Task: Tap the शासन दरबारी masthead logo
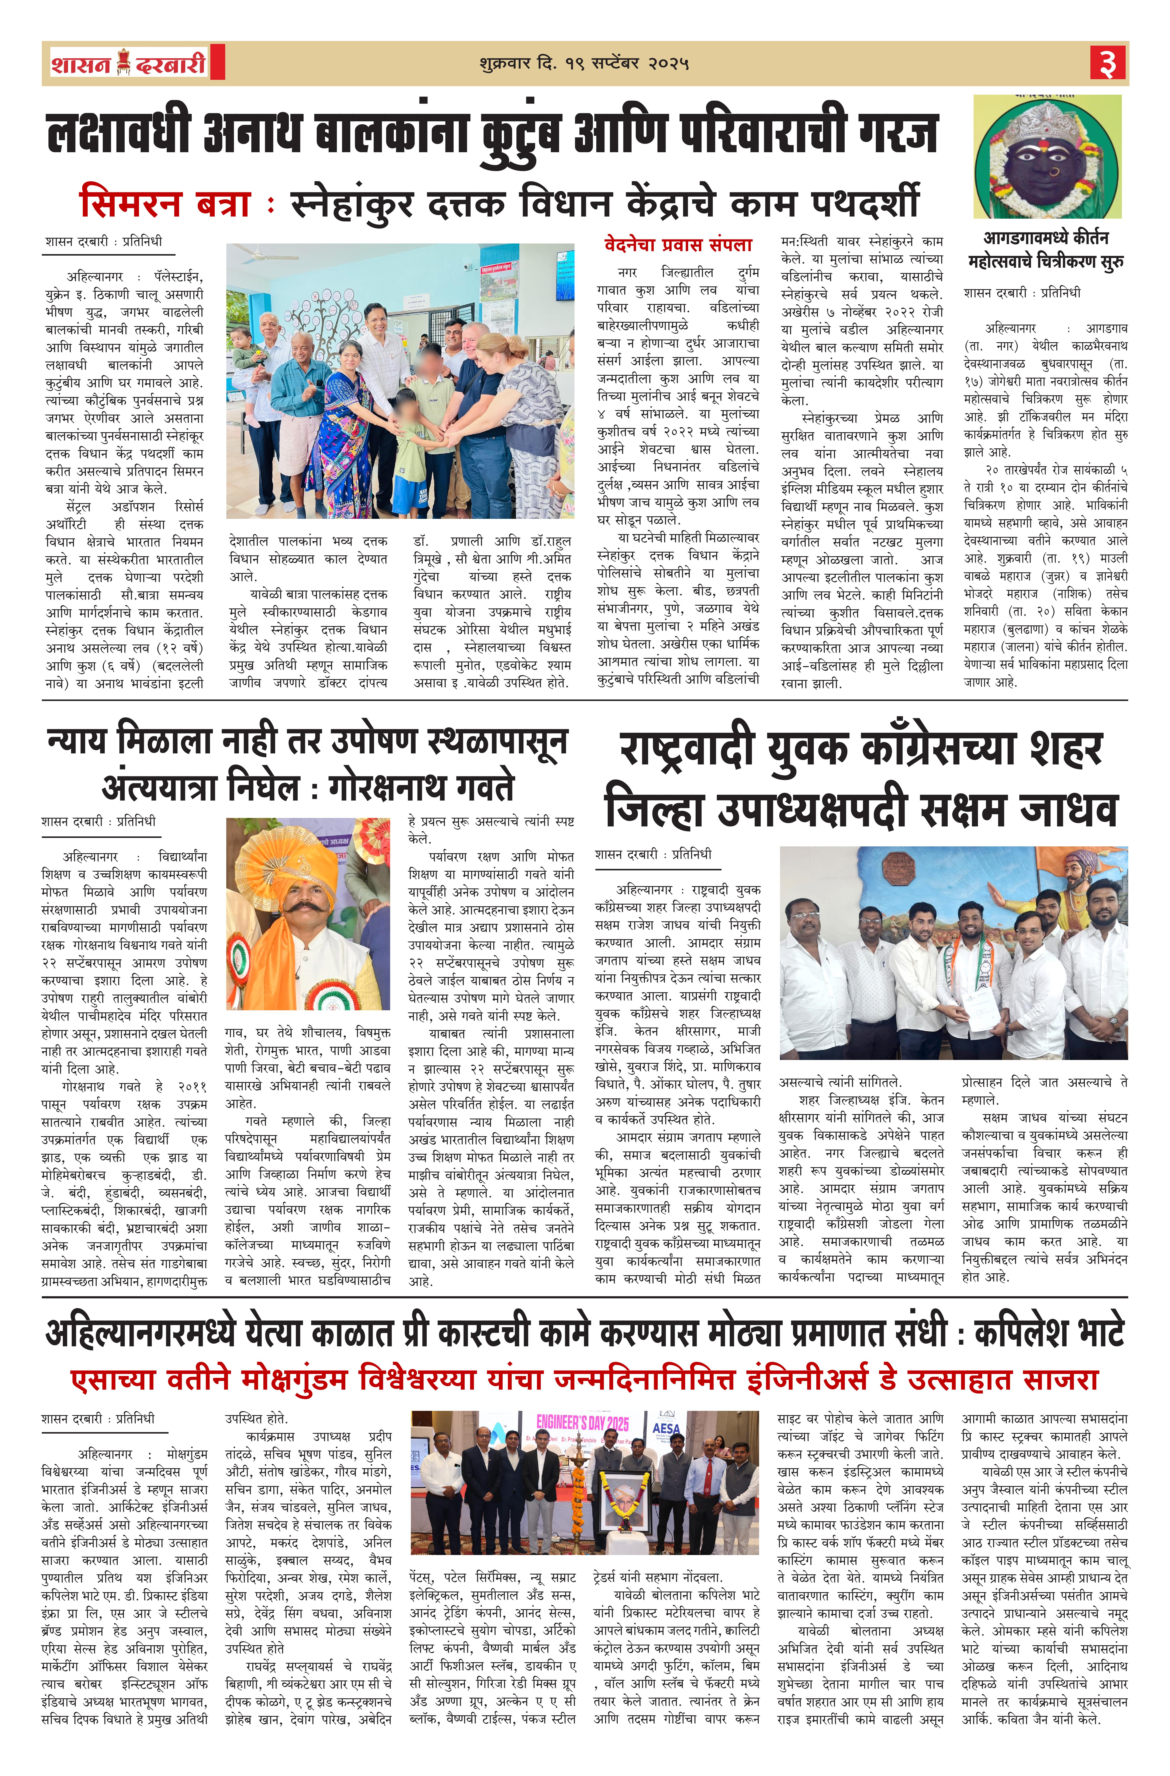pyautogui.click(x=128, y=63)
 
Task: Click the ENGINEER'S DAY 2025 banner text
pyautogui.click(x=582, y=1424)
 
